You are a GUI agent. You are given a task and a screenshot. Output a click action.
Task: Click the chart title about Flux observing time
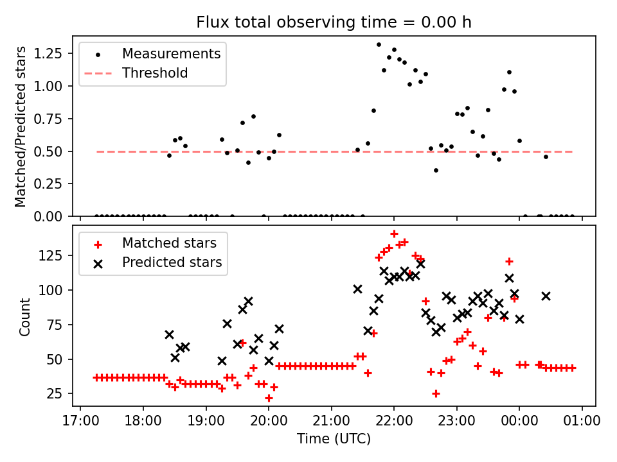pos(334,22)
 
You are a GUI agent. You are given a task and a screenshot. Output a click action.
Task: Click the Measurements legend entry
pos(171,53)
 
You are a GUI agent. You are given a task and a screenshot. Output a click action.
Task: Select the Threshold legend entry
pos(155,73)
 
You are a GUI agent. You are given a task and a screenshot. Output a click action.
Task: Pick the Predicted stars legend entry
pos(172,262)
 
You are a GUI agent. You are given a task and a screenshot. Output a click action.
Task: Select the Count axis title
pos(25,316)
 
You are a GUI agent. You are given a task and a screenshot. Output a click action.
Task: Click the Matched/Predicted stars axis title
pos(21,126)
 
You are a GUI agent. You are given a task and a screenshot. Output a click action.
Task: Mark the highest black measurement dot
pos(379,45)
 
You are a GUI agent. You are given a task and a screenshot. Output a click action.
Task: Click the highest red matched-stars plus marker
pos(394,234)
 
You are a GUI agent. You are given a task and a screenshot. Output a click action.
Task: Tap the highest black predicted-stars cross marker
pos(420,263)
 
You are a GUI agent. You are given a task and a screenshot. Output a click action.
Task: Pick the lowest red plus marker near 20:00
pos(269,398)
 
